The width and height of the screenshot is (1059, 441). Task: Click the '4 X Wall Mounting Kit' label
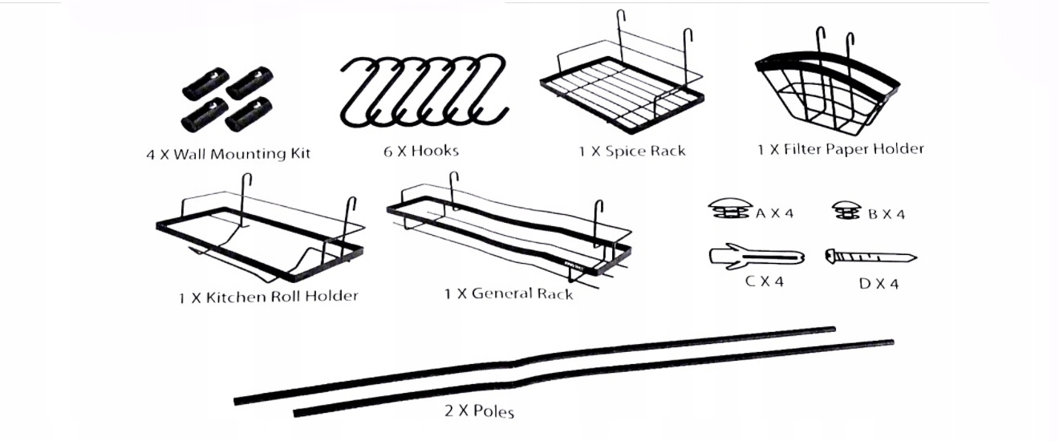point(228,153)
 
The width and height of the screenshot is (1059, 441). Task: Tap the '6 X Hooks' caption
point(420,151)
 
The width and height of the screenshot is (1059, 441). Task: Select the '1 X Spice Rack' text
point(632,151)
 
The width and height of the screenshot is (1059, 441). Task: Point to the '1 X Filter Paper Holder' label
point(840,149)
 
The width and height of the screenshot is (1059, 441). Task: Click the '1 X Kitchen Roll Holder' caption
point(268,297)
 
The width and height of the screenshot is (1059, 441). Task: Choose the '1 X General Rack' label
point(509,293)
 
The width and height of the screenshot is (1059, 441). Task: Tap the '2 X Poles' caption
point(479,411)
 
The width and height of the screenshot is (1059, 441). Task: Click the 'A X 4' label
point(774,213)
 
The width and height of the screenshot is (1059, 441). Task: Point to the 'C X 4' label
point(762,281)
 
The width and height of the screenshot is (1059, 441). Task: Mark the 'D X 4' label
point(879,284)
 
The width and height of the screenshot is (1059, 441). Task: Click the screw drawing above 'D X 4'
point(870,257)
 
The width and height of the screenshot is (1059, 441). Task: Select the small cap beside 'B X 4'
point(846,210)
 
